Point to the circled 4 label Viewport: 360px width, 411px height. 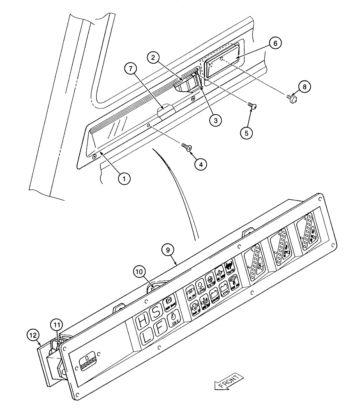[201, 164]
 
